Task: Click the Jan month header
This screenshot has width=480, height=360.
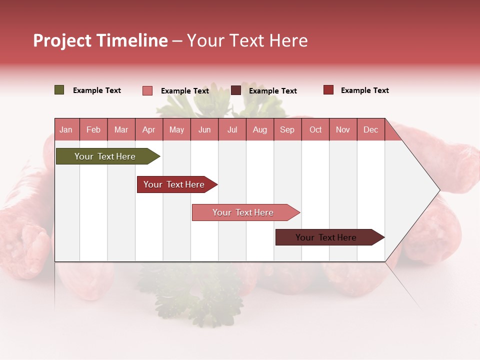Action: tap(66, 129)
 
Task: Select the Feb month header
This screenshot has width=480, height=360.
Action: tap(93, 129)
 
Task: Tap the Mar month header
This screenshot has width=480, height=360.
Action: tap(121, 129)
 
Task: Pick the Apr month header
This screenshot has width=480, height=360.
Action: tap(149, 129)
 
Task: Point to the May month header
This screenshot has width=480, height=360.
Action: tap(176, 129)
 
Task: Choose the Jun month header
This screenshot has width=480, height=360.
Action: tap(204, 129)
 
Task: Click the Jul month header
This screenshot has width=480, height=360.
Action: tap(232, 129)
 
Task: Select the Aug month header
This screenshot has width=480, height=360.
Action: tap(260, 129)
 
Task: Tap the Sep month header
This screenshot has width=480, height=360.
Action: tap(287, 129)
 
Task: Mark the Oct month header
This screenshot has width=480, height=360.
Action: tap(315, 129)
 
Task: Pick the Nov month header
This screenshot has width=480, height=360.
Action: tap(343, 129)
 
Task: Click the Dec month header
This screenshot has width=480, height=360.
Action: tap(371, 129)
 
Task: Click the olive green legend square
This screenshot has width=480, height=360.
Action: tap(59, 90)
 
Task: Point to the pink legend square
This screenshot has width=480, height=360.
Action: tap(147, 90)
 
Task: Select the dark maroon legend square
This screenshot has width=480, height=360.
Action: tap(236, 90)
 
